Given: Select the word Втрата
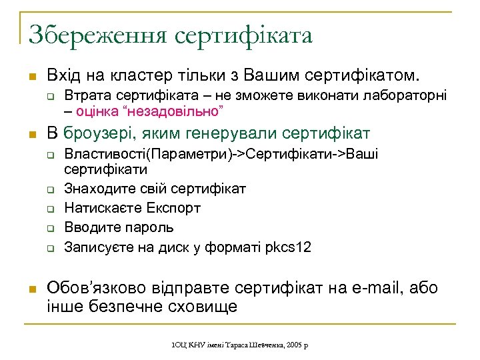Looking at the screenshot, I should point(86,95).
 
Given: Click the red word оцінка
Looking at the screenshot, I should point(97,109).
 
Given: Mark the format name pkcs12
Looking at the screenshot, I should point(289,247).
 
